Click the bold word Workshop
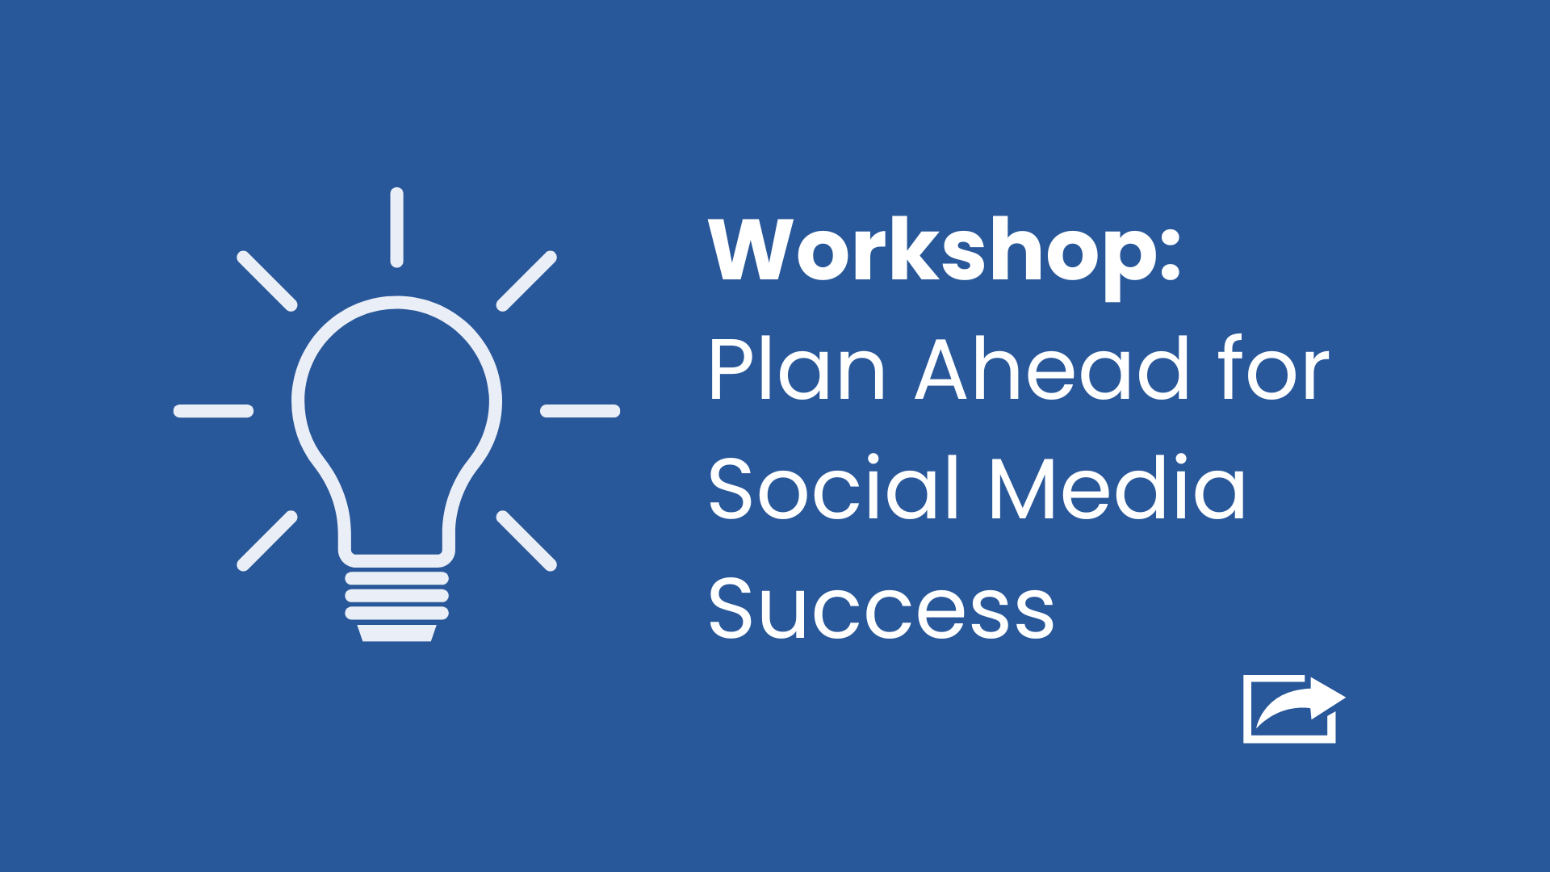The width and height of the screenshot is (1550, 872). pos(932,252)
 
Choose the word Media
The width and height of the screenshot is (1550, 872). pos(1117,488)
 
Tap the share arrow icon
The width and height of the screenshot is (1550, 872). pos(1293,708)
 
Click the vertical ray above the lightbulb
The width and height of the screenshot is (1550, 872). pos(396,228)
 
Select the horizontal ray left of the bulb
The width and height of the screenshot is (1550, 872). pos(214,411)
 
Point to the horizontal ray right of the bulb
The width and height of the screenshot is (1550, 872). pos(580,411)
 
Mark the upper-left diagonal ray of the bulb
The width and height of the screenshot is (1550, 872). pos(267,281)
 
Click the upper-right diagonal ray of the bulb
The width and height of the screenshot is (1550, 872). pos(526,281)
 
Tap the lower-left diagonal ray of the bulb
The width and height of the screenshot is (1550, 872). pos(267,541)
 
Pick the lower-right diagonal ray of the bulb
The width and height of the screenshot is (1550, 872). pos(526,541)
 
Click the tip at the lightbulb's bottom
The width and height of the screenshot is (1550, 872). pos(396,633)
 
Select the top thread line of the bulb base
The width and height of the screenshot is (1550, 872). pos(396,578)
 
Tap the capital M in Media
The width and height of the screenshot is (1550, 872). pos(1024,488)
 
